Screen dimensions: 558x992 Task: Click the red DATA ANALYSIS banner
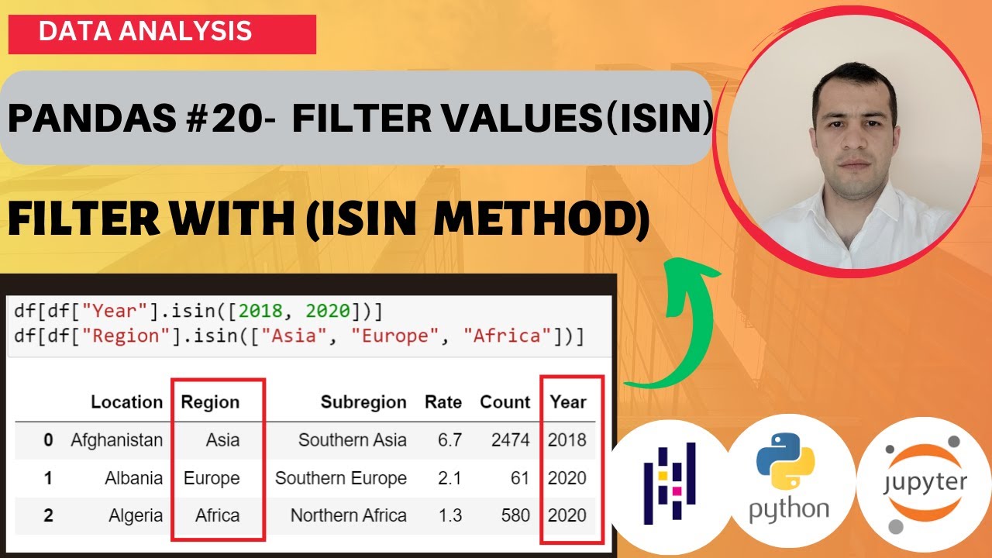click(162, 33)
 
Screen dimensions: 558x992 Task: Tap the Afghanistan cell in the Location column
click(116, 440)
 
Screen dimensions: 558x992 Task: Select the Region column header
click(210, 402)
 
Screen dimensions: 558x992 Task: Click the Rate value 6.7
click(449, 440)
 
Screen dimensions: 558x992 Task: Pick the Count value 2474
click(510, 440)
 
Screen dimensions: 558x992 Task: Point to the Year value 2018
click(567, 440)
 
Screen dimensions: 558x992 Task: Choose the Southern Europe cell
click(340, 478)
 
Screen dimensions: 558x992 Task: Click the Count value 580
click(515, 515)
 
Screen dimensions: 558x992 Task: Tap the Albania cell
click(133, 478)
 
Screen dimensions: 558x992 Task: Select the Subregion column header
click(363, 402)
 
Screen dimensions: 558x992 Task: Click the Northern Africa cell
click(348, 515)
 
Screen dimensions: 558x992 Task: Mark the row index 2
click(48, 515)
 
